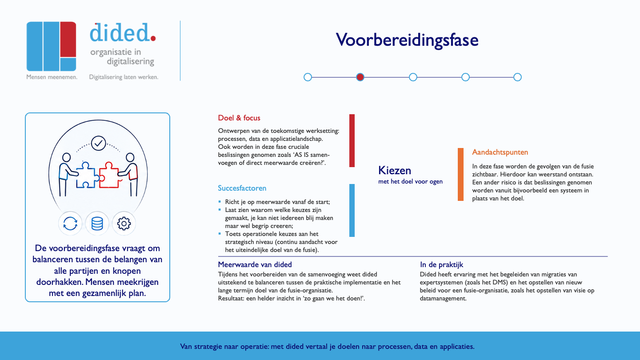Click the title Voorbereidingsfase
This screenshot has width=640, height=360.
pos(407,40)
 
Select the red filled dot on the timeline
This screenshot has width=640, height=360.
pos(360,77)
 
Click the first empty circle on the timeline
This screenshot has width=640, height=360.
pos(308,77)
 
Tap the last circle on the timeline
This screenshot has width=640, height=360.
pos(517,77)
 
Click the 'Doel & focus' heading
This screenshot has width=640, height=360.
pos(239,118)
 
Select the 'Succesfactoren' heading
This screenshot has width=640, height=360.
pos(242,188)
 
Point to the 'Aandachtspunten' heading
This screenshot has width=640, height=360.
pos(500,152)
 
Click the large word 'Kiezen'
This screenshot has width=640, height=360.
pos(395,170)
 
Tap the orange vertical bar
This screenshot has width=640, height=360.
pos(460,174)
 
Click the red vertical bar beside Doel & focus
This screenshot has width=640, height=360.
pos(352,140)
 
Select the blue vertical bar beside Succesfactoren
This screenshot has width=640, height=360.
pos(352,210)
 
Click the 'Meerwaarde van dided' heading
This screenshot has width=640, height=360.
pos(255,264)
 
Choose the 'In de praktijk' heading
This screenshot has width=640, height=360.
pos(441,264)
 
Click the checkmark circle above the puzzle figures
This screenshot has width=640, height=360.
pos(99,143)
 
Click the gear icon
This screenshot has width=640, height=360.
pos(124,224)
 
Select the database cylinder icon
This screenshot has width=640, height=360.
pos(97,224)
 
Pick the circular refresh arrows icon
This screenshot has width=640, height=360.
pos(70,224)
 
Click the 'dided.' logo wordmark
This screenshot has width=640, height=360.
pos(123,32)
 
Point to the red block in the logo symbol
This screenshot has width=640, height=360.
pos(68,40)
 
